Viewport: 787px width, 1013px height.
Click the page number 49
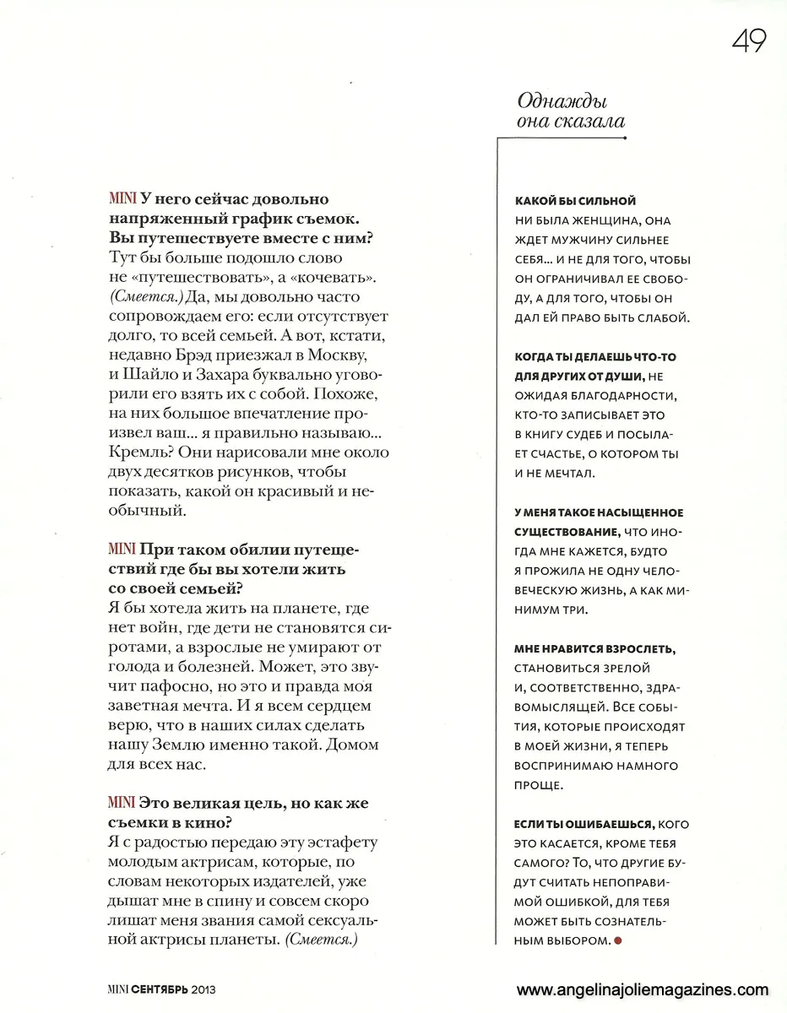[749, 40]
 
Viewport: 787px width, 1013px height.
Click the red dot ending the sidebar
[617, 940]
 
